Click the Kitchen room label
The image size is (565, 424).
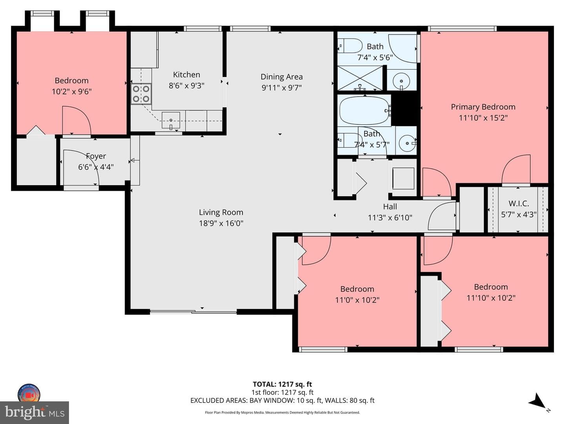tap(186, 75)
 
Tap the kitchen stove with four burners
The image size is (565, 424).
tap(141, 94)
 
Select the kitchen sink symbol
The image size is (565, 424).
tap(171, 120)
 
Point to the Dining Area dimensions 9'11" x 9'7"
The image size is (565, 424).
tap(282, 88)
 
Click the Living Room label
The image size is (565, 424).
tap(221, 212)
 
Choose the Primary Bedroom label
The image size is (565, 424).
tap(483, 107)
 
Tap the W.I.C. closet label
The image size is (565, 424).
tap(518, 204)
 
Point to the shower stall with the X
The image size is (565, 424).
tap(360, 78)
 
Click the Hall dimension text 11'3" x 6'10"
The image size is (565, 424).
tap(390, 218)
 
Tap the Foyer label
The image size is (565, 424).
tap(96, 156)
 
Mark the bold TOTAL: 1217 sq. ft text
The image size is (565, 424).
tap(282, 384)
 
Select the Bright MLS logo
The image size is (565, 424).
tap(35, 413)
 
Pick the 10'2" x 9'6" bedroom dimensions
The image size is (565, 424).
tap(71, 91)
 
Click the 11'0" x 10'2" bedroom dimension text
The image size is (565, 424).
tap(357, 300)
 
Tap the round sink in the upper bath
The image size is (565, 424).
tap(401, 81)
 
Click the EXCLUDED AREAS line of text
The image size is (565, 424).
tap(282, 400)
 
